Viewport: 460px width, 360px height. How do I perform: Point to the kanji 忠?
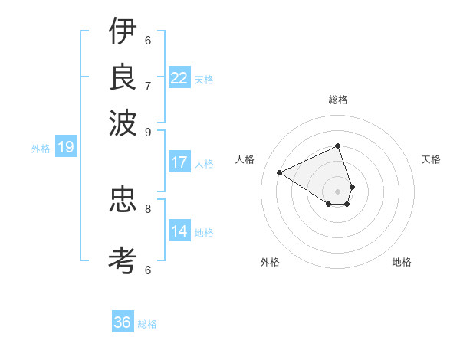[123, 201]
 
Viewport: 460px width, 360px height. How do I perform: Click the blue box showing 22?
[179, 78]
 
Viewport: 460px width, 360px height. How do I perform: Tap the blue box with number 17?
[179, 162]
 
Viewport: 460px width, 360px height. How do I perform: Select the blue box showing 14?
[179, 231]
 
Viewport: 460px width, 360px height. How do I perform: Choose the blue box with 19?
[65, 147]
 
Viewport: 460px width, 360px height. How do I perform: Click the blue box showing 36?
[122, 322]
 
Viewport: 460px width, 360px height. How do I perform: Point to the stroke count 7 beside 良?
[148, 85]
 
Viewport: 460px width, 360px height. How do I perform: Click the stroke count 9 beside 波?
[148, 131]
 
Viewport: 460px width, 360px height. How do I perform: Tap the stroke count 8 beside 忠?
[148, 208]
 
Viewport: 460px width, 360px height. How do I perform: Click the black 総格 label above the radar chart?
[337, 100]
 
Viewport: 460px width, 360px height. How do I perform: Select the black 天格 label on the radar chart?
[432, 159]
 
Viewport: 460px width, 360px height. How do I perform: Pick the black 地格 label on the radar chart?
[402, 262]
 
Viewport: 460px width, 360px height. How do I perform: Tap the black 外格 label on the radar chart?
[270, 262]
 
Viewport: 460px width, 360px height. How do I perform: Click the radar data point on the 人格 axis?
[279, 172]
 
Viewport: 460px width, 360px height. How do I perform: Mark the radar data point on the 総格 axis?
[337, 146]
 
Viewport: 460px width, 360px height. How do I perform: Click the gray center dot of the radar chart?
[337, 191]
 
